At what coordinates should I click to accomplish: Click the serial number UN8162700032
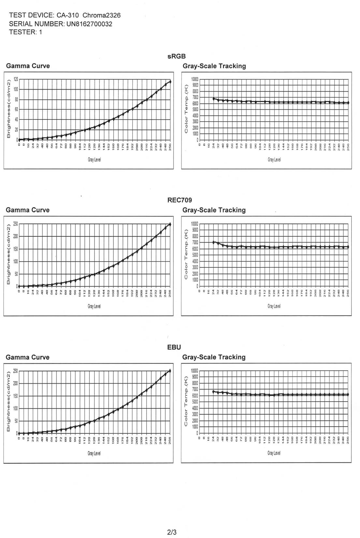[89, 24]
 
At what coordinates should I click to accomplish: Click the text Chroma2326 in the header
[101, 15]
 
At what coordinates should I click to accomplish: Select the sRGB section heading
[177, 56]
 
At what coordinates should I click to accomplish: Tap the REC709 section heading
[180, 200]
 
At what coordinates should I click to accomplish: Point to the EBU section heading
[174, 347]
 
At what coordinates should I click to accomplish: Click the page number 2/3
[172, 532]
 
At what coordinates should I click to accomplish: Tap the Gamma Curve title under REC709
[28, 210]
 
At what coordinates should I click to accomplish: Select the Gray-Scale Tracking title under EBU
[214, 357]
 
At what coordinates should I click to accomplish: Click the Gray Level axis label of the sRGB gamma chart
[94, 160]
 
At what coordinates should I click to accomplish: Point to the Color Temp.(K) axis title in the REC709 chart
[186, 254]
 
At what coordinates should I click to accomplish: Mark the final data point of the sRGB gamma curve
[170, 81]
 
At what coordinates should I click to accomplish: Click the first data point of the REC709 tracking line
[213, 242]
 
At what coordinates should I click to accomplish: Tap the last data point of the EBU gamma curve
[170, 371]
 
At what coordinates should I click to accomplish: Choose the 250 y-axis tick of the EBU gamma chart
[16, 371]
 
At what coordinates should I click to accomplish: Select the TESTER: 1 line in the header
[25, 32]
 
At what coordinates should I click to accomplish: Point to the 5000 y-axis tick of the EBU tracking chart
[194, 402]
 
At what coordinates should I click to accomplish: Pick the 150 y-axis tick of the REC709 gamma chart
[16, 249]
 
